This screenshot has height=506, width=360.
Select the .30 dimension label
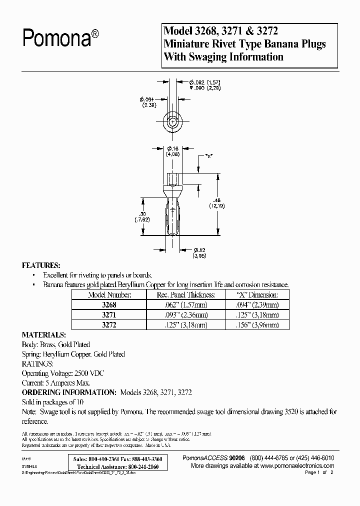pyautogui.click(x=143, y=215)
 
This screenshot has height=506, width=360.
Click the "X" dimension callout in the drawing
pyautogui.click(x=209, y=156)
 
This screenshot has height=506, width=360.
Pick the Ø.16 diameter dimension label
pyautogui.click(x=173, y=151)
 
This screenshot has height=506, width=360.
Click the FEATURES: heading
pyautogui.click(x=41, y=265)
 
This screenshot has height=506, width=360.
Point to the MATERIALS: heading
pyautogui.click(x=44, y=334)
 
